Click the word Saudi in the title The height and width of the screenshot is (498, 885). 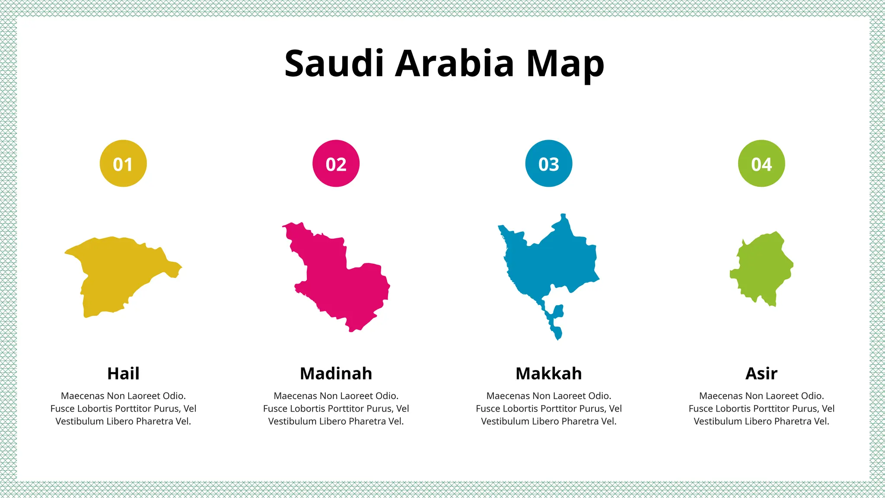tap(334, 64)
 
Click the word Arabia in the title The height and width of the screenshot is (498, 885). tap(455, 64)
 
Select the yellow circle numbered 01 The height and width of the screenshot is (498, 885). tap(123, 163)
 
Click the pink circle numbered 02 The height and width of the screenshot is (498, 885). tap(336, 163)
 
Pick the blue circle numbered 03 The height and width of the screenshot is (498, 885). tap(549, 163)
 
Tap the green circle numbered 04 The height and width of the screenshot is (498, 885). tap(761, 163)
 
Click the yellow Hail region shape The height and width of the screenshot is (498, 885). tap(117, 272)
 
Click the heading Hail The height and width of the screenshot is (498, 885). tap(123, 373)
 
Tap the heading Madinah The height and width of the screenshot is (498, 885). tap(336, 373)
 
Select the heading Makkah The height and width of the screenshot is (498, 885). tap(549, 373)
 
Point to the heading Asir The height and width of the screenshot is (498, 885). tap(761, 373)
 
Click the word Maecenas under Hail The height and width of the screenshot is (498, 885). tap(83, 396)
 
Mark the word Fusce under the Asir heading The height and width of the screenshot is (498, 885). tap(701, 409)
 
